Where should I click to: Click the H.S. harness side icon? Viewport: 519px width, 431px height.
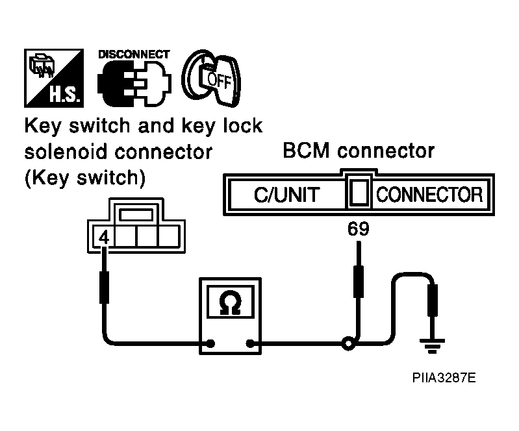[54, 78]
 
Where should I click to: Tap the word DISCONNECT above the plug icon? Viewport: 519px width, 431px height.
[134, 55]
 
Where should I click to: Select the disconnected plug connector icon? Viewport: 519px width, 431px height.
[134, 83]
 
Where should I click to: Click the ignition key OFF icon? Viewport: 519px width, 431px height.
[211, 78]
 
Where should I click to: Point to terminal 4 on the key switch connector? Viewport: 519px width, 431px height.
[104, 237]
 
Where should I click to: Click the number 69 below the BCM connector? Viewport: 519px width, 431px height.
[358, 229]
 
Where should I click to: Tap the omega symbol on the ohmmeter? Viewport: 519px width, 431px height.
[231, 302]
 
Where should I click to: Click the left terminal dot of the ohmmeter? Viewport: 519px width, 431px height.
[210, 343]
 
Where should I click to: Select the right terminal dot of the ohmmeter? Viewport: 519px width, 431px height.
[250, 343]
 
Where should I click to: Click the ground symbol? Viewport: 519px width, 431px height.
[432, 346]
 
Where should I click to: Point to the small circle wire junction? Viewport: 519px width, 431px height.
[348, 344]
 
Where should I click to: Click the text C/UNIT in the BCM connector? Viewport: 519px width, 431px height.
[287, 195]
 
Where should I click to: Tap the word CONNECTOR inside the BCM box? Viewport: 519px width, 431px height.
[429, 195]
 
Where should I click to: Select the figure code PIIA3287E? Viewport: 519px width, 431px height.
[444, 377]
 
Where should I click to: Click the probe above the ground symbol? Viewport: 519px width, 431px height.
[432, 301]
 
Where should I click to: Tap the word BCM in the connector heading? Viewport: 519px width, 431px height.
[306, 151]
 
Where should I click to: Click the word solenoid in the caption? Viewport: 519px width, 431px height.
[66, 152]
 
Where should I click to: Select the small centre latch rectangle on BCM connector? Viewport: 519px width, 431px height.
[359, 192]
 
